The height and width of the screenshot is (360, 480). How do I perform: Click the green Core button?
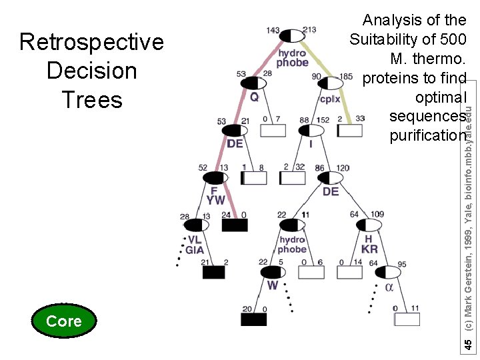tap(64, 321)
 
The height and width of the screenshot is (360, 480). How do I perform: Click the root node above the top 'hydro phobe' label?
tap(291, 35)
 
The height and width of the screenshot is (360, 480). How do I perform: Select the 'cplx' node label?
tap(329, 99)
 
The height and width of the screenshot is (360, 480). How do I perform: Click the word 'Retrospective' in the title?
tap(91, 42)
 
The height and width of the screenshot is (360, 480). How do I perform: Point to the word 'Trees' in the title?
tap(92, 100)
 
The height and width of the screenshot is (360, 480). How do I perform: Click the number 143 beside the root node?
tap(273, 29)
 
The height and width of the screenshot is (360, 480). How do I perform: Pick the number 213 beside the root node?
tap(309, 29)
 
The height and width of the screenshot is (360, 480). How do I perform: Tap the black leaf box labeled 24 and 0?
tap(234, 225)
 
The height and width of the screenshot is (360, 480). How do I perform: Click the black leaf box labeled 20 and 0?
tap(253, 319)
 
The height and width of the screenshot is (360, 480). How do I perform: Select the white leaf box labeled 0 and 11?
tap(407, 319)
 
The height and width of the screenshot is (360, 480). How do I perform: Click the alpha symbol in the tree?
tap(389, 287)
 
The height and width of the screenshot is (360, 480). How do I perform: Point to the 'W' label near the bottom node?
tap(273, 285)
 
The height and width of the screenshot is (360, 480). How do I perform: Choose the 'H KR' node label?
tap(369, 244)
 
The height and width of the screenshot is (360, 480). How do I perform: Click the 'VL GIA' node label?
tap(195, 245)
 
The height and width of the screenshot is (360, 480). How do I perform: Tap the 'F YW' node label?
tap(215, 195)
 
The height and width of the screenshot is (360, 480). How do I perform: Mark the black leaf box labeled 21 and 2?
tap(214, 272)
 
